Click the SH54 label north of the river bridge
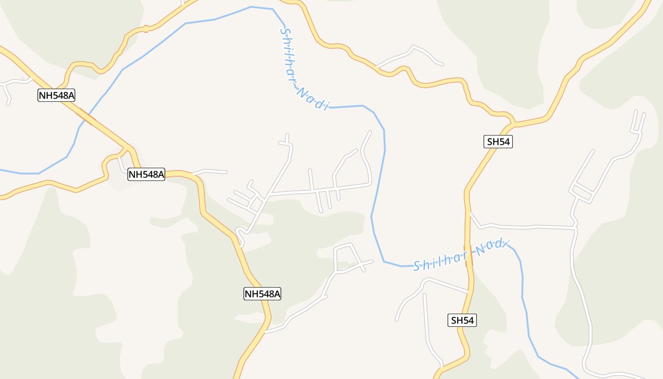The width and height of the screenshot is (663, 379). click(498, 141)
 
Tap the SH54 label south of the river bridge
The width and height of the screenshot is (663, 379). click(462, 320)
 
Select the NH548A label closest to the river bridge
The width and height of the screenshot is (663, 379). click(56, 95)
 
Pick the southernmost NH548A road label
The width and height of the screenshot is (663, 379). click(262, 294)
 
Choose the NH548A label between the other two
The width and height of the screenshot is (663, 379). click(146, 174)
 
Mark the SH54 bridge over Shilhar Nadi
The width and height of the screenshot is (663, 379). click(469, 256)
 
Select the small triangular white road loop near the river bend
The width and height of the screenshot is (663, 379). click(348, 258)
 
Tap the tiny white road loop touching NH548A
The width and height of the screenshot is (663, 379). click(240, 235)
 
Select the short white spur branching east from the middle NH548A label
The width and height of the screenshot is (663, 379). click(211, 171)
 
